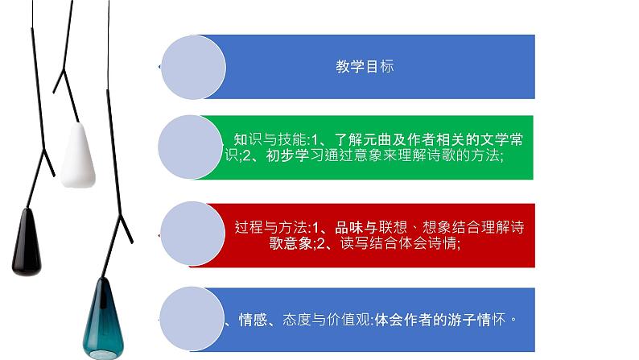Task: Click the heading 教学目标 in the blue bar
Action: click(x=365, y=67)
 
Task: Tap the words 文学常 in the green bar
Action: click(x=500, y=139)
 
